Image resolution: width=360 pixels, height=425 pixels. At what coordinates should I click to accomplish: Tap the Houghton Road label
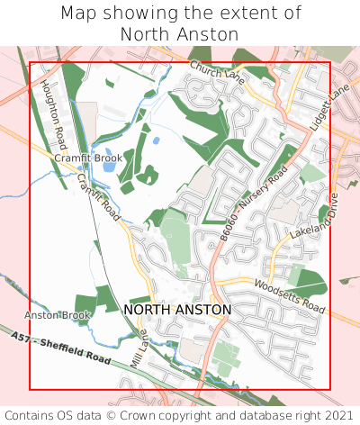tap(54, 111)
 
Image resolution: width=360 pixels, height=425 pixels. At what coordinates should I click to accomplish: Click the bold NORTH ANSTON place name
tap(177, 310)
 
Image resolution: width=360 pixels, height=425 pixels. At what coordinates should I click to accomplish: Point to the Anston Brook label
tap(58, 315)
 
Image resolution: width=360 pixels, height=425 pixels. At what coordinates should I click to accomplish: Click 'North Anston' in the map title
tap(180, 34)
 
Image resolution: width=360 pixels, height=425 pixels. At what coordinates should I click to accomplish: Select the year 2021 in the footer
tap(337, 415)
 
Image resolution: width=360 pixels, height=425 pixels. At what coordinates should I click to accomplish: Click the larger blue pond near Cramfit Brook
tap(109, 154)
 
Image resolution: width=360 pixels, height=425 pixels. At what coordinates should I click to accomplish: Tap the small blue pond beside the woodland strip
tap(157, 140)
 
